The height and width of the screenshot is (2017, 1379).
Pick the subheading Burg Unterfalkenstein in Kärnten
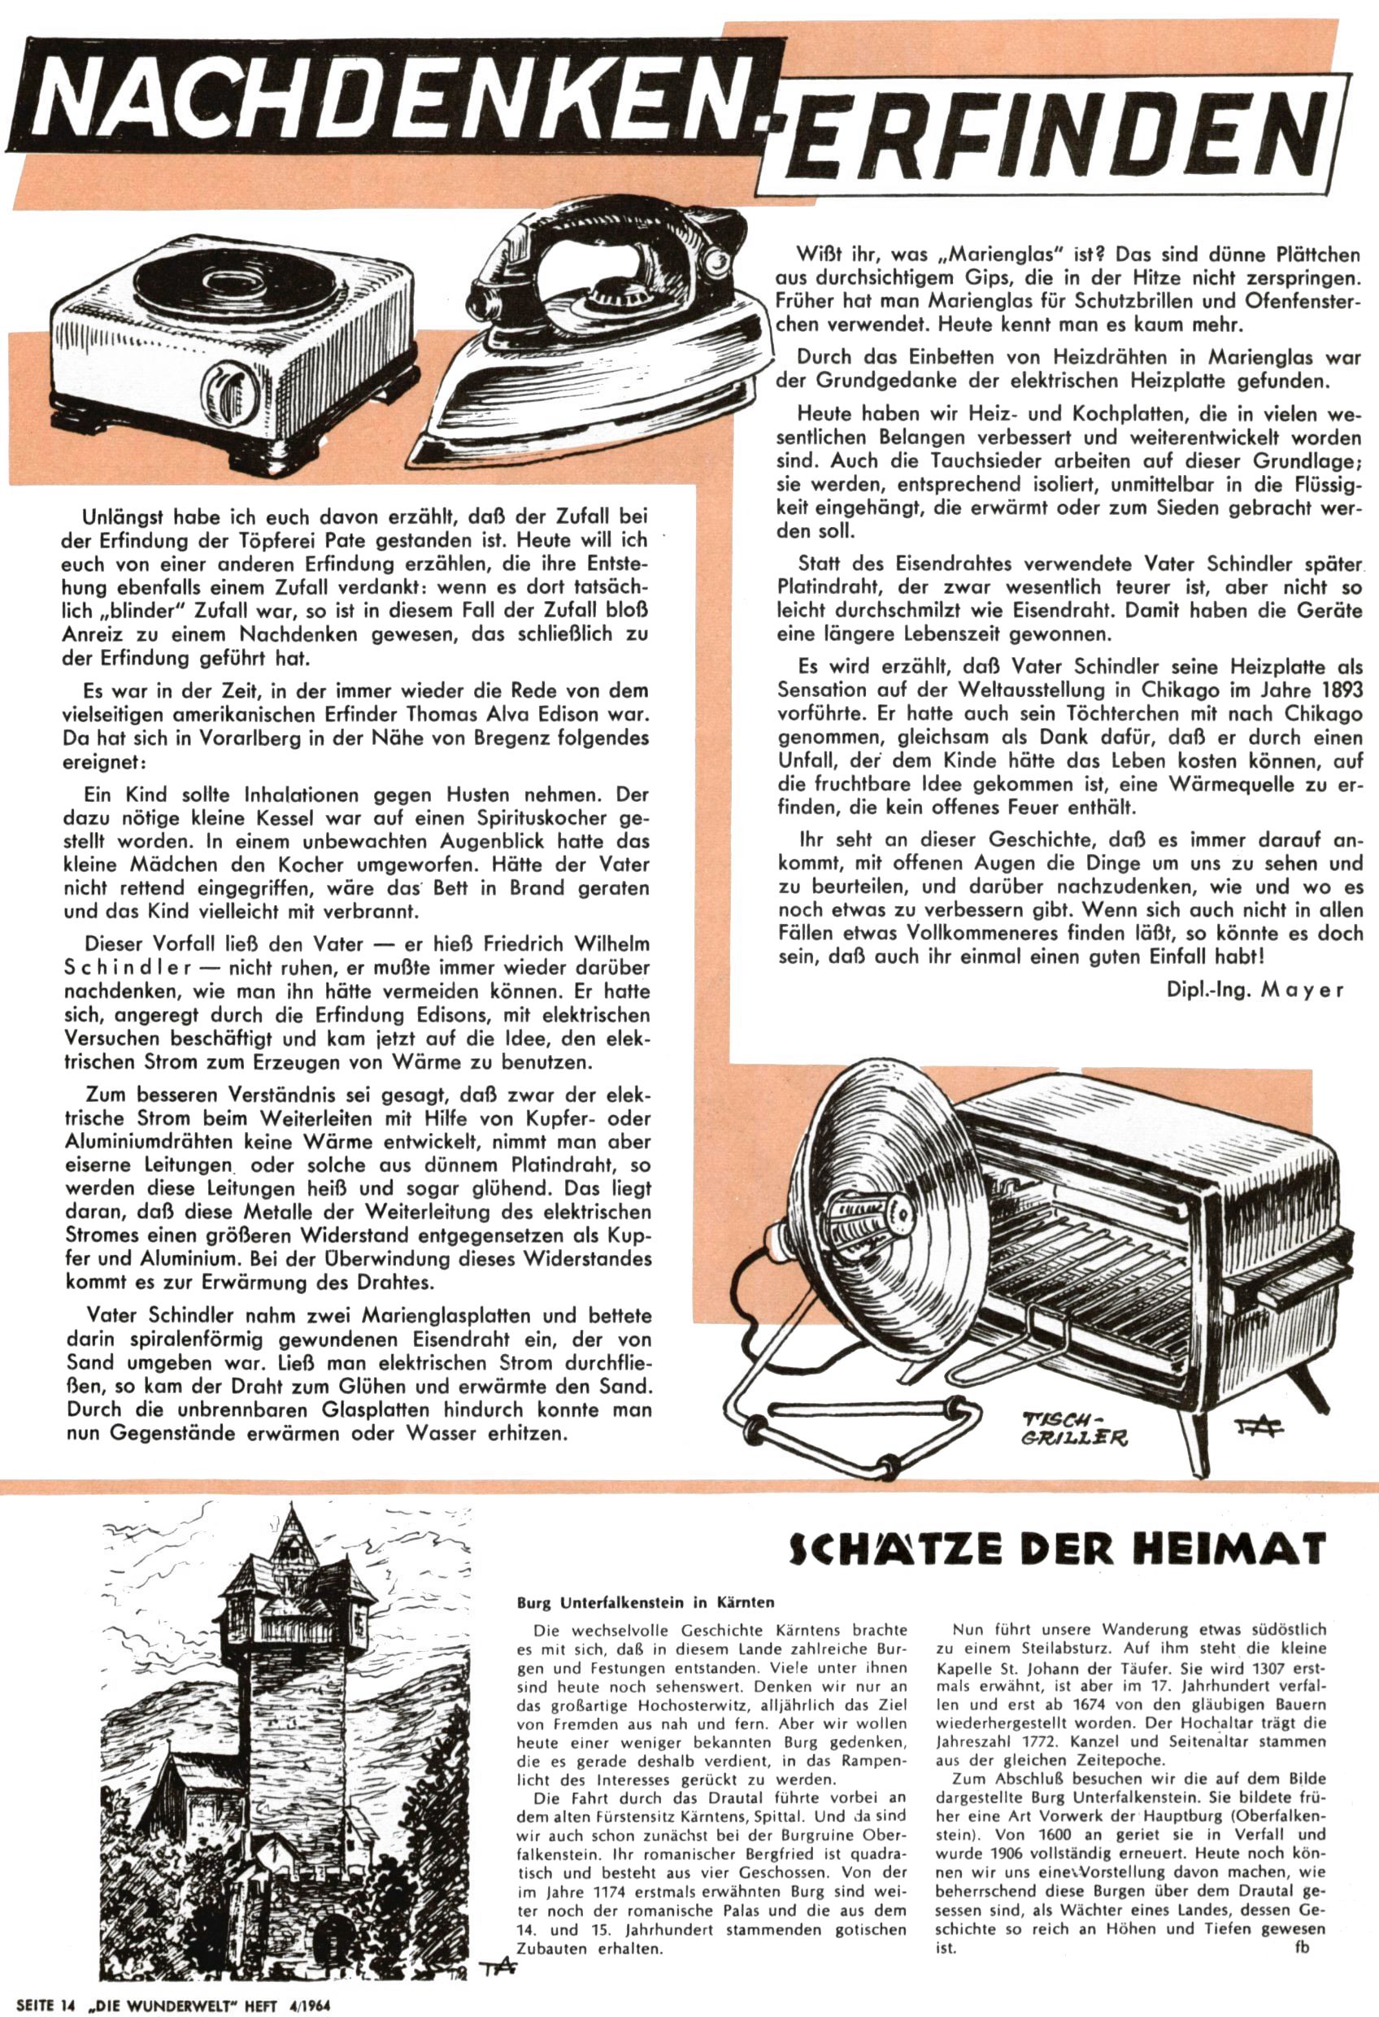click(x=646, y=1603)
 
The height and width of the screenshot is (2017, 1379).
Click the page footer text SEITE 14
click(x=41, y=2004)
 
